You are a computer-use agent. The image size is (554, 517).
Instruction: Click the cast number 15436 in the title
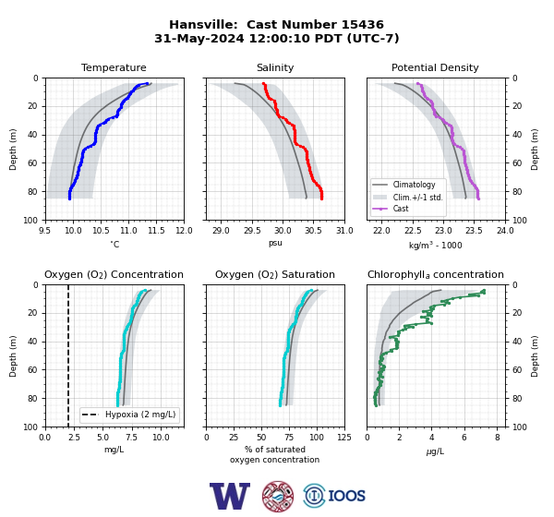click(x=362, y=25)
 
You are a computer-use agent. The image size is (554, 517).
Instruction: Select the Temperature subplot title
click(x=114, y=67)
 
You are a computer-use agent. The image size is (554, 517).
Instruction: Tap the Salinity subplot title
click(x=275, y=67)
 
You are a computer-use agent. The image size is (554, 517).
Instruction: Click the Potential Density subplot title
click(x=435, y=67)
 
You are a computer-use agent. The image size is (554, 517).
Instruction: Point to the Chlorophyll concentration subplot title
click(x=436, y=274)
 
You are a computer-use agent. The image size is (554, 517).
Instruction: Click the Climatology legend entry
click(x=414, y=185)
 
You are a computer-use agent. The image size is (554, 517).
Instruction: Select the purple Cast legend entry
click(x=401, y=209)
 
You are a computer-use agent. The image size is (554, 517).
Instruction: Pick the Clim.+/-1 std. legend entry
click(x=417, y=197)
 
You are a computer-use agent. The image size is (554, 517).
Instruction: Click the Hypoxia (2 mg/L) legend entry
click(x=140, y=415)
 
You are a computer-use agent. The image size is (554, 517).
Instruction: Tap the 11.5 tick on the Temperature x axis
click(x=156, y=231)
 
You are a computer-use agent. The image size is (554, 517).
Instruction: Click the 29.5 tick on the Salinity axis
click(x=252, y=231)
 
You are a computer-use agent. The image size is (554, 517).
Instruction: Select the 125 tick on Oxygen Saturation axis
click(x=344, y=438)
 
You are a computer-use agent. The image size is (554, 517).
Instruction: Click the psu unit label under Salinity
click(x=275, y=243)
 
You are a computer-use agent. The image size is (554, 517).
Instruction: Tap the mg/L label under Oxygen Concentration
click(x=114, y=450)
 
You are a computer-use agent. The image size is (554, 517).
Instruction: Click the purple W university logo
click(x=230, y=496)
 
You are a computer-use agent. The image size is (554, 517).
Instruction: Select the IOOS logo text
click(x=346, y=496)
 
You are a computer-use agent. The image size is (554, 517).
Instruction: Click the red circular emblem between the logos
click(x=278, y=496)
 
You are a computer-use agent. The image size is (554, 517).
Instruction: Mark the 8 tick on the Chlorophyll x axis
click(x=498, y=438)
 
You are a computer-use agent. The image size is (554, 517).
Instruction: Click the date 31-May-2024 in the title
click(x=199, y=38)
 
